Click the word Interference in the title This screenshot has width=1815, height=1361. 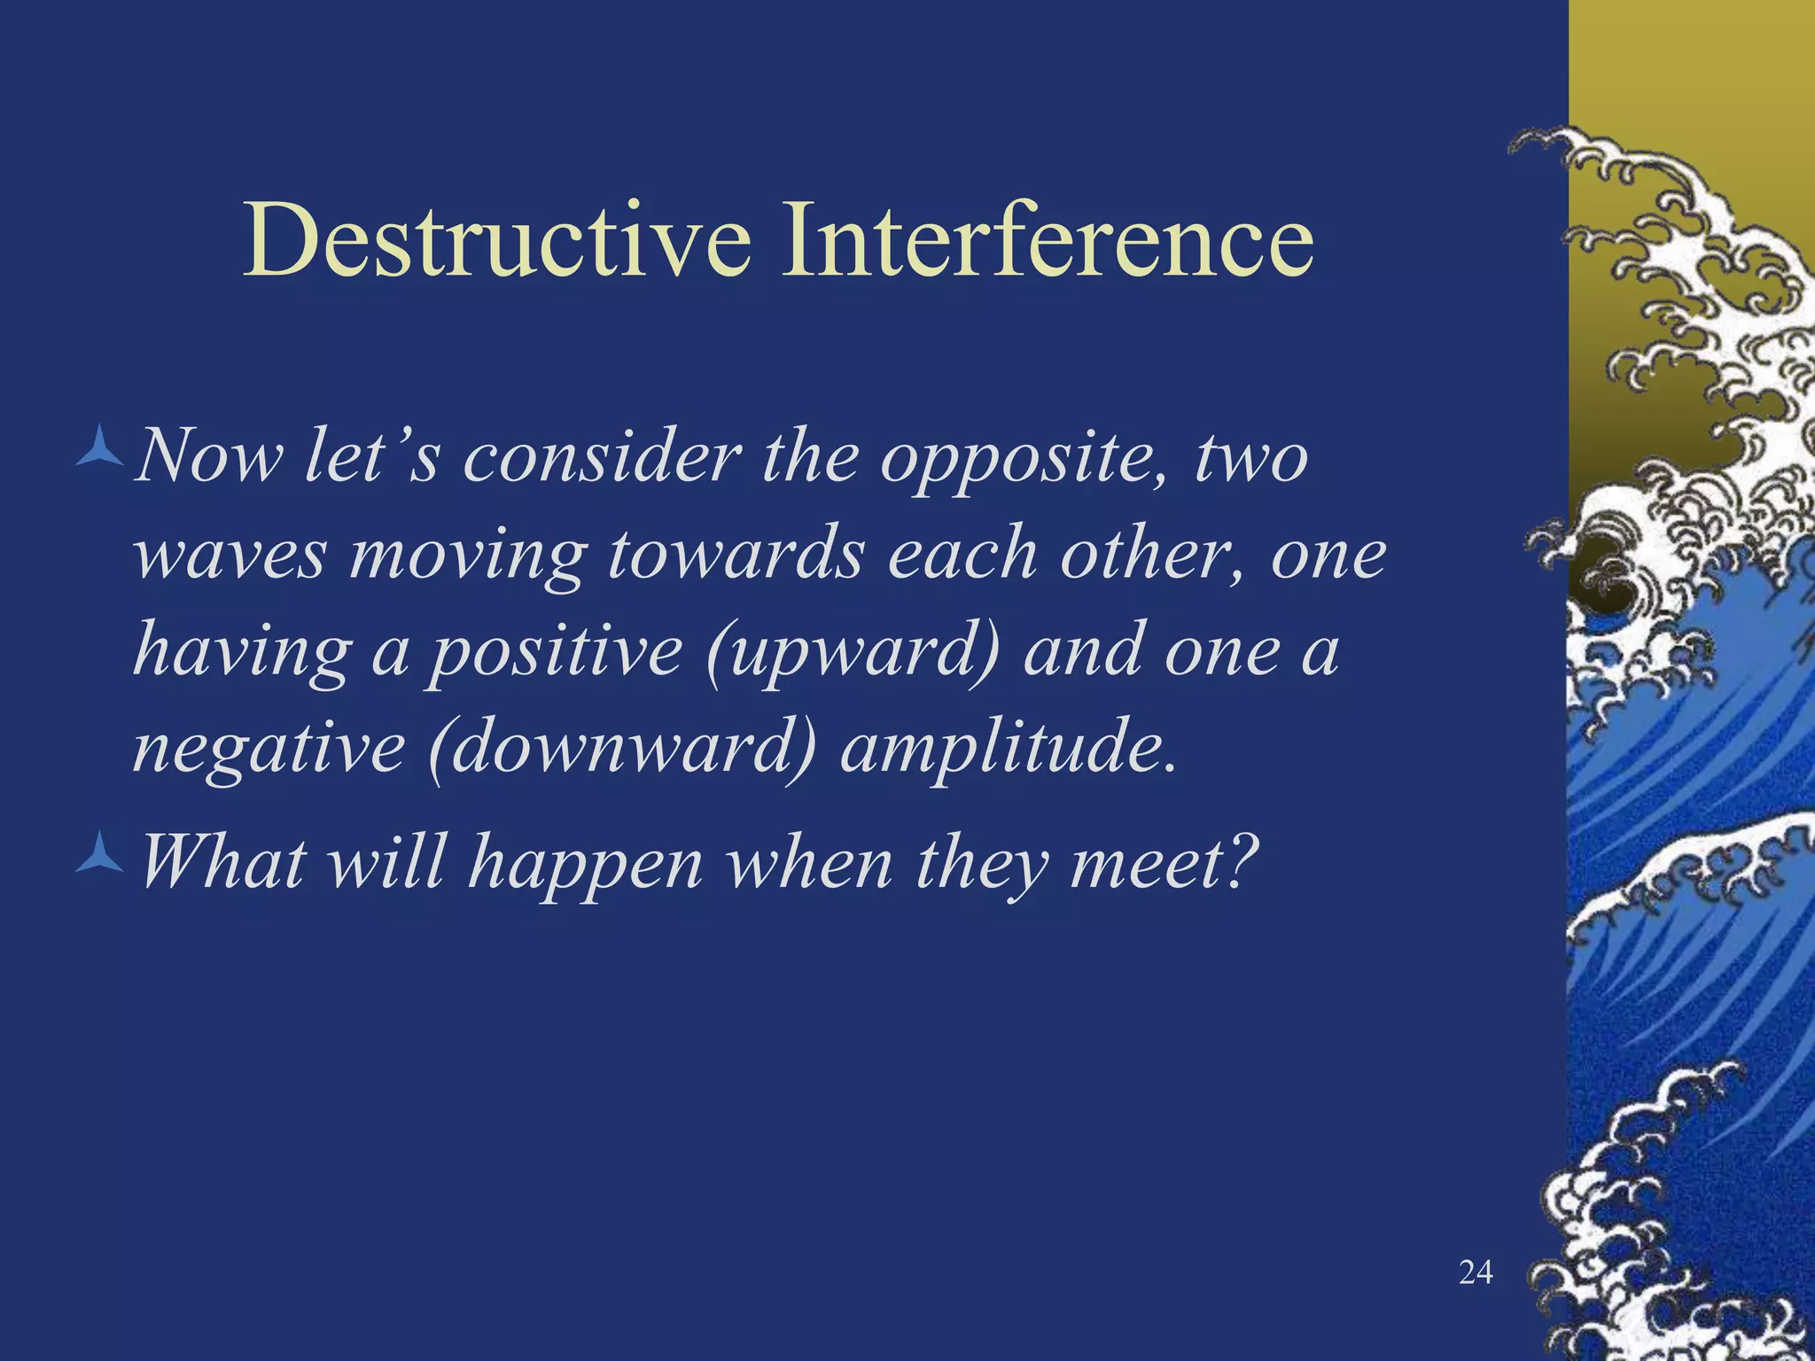tap(1046, 239)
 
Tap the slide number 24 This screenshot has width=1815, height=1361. tap(1476, 1272)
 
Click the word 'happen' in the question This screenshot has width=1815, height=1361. tap(585, 864)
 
